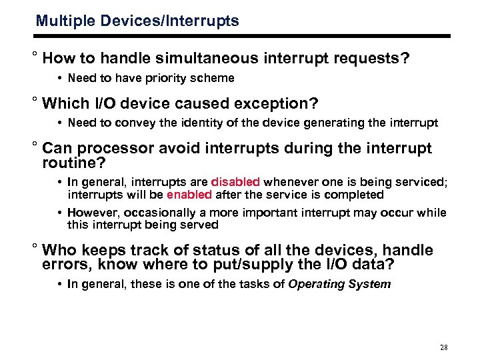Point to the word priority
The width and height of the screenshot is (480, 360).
click(x=157, y=78)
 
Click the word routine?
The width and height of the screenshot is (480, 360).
click(x=75, y=161)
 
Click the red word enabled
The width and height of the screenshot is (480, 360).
click(x=189, y=195)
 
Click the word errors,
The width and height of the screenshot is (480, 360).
click(x=68, y=264)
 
